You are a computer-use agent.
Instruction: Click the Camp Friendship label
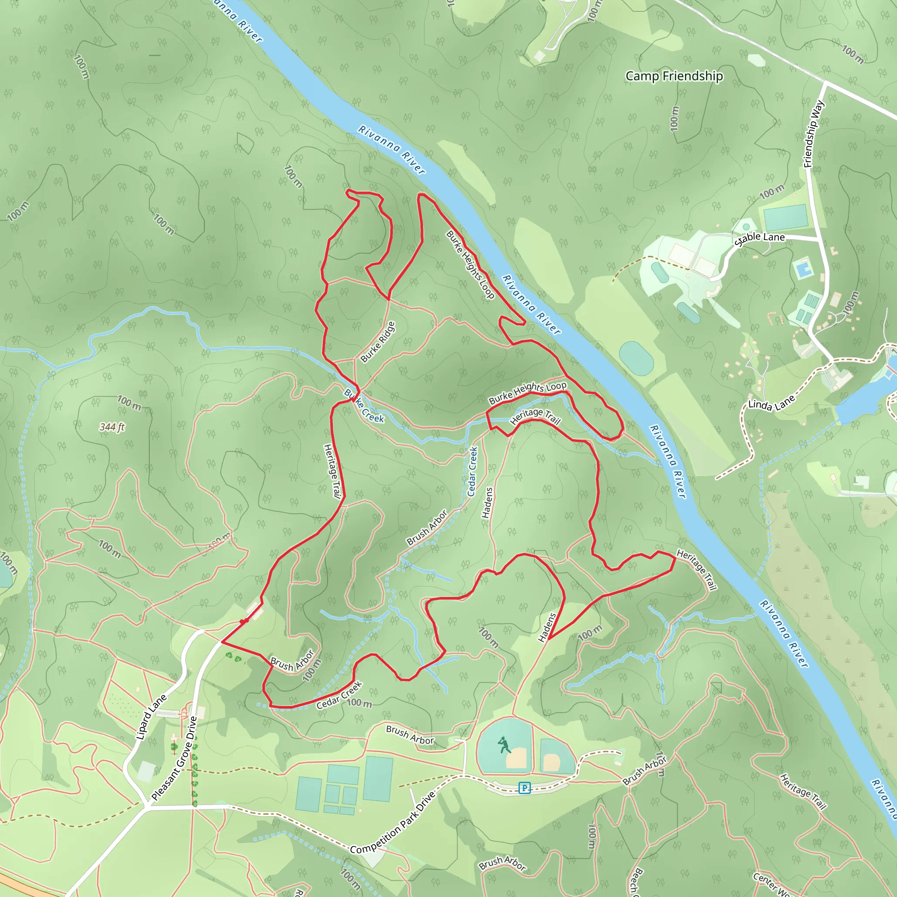(x=674, y=76)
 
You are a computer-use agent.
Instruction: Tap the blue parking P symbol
(x=524, y=788)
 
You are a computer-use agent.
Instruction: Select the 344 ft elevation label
(x=112, y=427)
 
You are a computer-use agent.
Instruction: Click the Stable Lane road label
(x=759, y=239)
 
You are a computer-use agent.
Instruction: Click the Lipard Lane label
(x=151, y=717)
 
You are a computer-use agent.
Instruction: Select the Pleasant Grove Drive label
(x=175, y=759)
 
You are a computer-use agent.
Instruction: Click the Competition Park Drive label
(x=393, y=822)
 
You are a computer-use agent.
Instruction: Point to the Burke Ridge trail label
(x=378, y=342)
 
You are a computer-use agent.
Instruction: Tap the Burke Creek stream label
(x=364, y=406)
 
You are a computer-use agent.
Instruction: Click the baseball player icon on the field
(x=504, y=745)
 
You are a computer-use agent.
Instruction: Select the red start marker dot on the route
(x=243, y=621)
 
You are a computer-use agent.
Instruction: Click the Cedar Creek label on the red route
(x=339, y=696)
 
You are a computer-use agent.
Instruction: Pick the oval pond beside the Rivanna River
(x=636, y=358)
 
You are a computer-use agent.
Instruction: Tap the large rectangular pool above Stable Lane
(x=785, y=217)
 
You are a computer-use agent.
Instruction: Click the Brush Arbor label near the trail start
(x=292, y=661)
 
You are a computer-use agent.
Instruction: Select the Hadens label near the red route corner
(x=547, y=627)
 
